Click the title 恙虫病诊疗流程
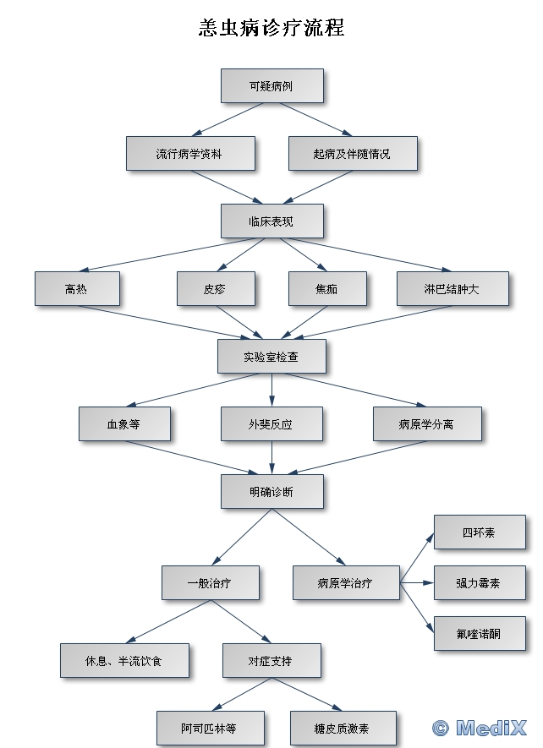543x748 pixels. (271, 28)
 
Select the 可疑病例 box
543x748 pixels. (271, 86)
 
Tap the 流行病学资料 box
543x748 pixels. (189, 154)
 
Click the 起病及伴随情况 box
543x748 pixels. (352, 154)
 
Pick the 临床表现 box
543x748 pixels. (271, 221)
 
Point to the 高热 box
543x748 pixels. (76, 289)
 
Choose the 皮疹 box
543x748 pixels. (215, 289)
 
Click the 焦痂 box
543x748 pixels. (326, 289)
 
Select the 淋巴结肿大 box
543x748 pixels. (452, 289)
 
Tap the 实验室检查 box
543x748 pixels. (271, 357)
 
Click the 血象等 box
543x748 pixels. (123, 424)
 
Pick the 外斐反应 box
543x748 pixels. (271, 424)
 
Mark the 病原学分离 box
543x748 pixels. (426, 424)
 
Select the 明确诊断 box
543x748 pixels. (271, 492)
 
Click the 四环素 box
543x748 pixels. (479, 532)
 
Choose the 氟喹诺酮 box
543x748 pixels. (479, 634)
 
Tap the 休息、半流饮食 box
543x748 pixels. (123, 661)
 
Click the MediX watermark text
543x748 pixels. (480, 728)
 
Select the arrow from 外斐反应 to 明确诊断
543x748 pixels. (271, 456)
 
